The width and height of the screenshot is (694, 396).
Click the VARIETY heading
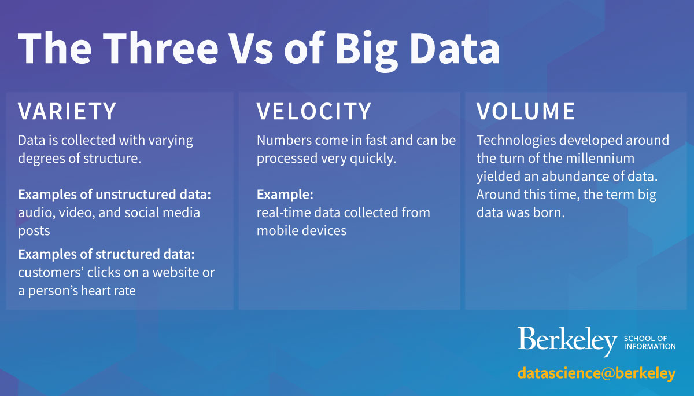67,111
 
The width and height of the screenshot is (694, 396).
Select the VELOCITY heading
314,111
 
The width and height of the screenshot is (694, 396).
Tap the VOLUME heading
526,111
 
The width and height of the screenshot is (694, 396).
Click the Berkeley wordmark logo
567,341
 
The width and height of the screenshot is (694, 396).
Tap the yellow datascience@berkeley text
596,373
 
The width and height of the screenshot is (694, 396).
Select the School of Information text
649,342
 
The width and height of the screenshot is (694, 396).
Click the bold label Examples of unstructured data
115,195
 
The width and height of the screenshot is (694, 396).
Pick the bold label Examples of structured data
106,254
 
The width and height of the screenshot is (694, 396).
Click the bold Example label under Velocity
285,195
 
